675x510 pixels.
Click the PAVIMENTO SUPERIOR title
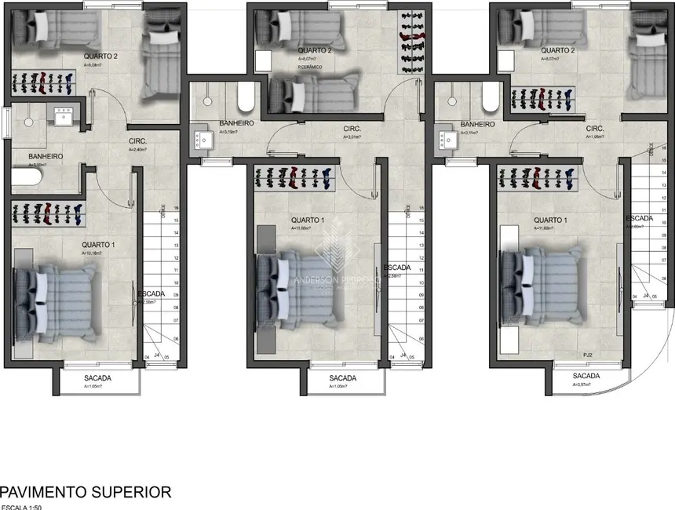pyautogui.click(x=86, y=492)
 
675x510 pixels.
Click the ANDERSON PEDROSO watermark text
pyautogui.click(x=337, y=279)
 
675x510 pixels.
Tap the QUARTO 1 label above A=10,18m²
pyautogui.click(x=98, y=245)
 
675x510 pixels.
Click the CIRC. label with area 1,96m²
pyautogui.click(x=594, y=128)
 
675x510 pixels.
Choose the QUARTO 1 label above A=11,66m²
pyautogui.click(x=308, y=220)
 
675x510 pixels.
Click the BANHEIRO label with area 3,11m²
pyautogui.click(x=477, y=124)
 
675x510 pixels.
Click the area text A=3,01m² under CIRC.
pyautogui.click(x=351, y=137)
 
